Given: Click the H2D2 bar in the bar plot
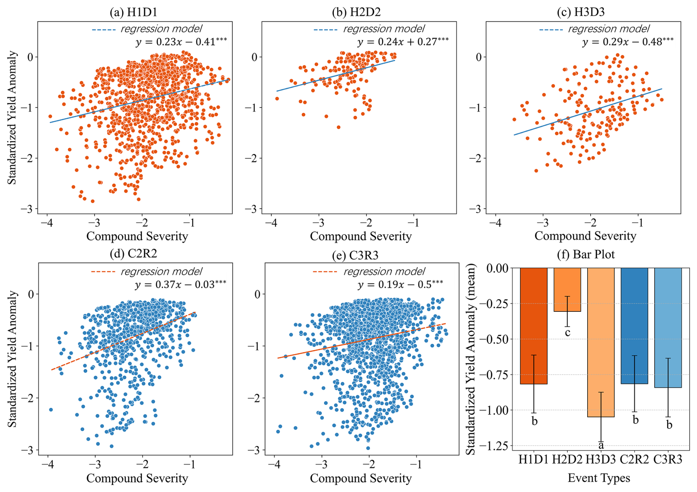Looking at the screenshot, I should pos(567,290).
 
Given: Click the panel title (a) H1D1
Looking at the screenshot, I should pos(133,12).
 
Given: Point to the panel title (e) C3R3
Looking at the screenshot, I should pos(355,255).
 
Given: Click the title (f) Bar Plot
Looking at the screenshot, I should pos(585,254).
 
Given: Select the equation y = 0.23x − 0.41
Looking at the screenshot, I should pos(181,42).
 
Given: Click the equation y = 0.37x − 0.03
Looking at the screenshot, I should pos(180,285).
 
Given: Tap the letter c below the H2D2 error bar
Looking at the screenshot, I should pos(568,333).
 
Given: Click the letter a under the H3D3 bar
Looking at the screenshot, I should pos(601,446).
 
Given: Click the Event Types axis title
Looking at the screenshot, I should pos(599,478).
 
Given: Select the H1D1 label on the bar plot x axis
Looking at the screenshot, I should pos(534,460).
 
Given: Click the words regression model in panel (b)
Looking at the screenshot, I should pos(384,29).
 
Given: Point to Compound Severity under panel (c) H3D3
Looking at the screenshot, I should pos(585,236).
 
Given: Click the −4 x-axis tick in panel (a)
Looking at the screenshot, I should pos(48,223).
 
